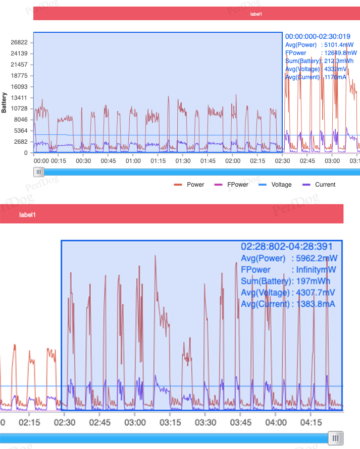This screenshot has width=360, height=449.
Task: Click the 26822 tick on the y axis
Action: [x=19, y=42]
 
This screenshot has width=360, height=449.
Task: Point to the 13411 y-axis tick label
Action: [x=19, y=98]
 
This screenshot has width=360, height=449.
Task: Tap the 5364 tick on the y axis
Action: [x=21, y=131]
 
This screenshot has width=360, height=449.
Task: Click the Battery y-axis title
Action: [x=4, y=102]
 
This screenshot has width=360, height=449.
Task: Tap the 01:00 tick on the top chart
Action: [x=133, y=161]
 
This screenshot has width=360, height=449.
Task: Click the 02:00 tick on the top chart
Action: [x=233, y=161]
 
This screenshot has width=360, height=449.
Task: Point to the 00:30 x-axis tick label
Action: [x=83, y=161]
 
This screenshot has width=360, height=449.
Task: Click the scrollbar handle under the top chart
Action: [x=38, y=172]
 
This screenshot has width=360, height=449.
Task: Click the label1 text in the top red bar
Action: [x=256, y=14]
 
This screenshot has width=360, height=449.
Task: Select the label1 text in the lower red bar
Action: [x=27, y=215]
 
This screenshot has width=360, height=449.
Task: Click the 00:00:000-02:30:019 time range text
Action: [x=318, y=37]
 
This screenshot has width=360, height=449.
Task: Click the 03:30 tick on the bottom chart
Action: [x=205, y=422]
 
